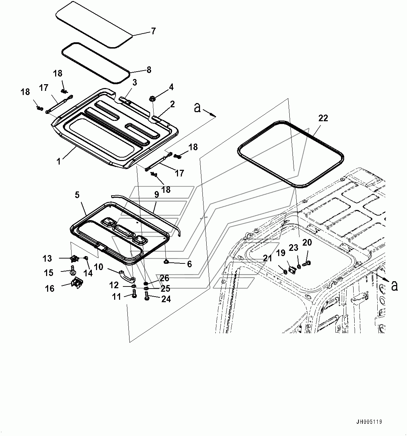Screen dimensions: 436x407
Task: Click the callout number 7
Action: pos(153,31)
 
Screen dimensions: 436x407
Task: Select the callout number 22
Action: pos(323,118)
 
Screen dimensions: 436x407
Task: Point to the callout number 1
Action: pos(59,161)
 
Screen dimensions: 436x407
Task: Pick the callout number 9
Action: pos(156,195)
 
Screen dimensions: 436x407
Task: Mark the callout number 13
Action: pos(47,259)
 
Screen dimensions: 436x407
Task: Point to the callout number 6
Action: pos(189,264)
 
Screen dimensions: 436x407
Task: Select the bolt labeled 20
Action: pos(307,263)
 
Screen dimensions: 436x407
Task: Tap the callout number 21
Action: pos(267,259)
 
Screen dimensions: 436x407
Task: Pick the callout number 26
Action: pos(164,278)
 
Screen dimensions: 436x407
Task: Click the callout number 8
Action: pos(149,70)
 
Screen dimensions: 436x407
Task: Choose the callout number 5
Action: pos(77,194)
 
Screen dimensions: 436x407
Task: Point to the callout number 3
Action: pos(134,82)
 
